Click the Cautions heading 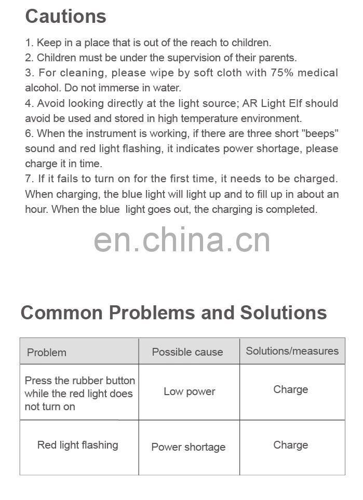pyautogui.click(x=65, y=17)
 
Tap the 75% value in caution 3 pyautogui.click(x=281, y=73)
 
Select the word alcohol pyautogui.click(x=42, y=88)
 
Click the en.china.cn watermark pyautogui.click(x=182, y=240)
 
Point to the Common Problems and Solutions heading pyautogui.click(x=173, y=313)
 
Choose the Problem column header pyautogui.click(x=47, y=353)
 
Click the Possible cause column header pyautogui.click(x=187, y=352)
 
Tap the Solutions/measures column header pyautogui.click(x=292, y=351)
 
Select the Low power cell pyautogui.click(x=189, y=392)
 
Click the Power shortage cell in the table pyautogui.click(x=188, y=447)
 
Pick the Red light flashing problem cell pyautogui.click(x=77, y=445)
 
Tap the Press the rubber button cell pyautogui.click(x=79, y=394)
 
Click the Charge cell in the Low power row pyautogui.click(x=290, y=389)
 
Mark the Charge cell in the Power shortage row pyautogui.click(x=290, y=445)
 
